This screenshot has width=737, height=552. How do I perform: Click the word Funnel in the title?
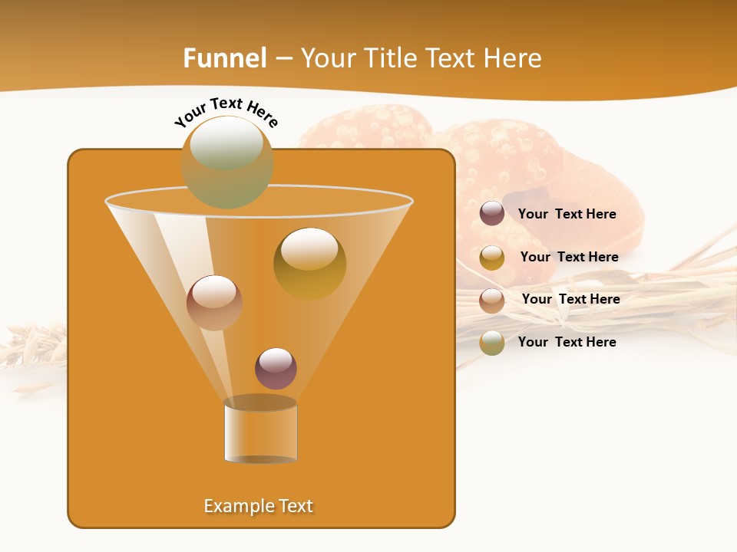(225, 58)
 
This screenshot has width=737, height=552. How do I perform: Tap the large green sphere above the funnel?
(227, 162)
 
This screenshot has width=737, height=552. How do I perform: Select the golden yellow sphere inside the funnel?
(309, 263)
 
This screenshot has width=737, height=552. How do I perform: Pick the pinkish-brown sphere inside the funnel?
(214, 303)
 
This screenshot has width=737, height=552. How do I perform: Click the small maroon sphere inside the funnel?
(276, 368)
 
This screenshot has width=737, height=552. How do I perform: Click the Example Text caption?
(258, 506)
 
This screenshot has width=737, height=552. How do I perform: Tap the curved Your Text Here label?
(226, 112)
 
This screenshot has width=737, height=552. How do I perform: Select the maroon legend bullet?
(492, 214)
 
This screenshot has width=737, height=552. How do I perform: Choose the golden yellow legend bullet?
(492, 258)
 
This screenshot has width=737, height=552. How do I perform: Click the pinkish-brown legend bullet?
(492, 301)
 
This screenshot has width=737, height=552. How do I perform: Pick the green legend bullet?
(492, 343)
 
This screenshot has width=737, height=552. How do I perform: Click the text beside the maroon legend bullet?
(567, 215)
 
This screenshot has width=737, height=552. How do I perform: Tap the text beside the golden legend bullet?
(569, 258)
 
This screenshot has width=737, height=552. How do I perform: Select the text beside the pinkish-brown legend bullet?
(570, 300)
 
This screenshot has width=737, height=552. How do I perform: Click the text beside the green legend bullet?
(567, 343)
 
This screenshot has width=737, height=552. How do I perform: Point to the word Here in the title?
(514, 58)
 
